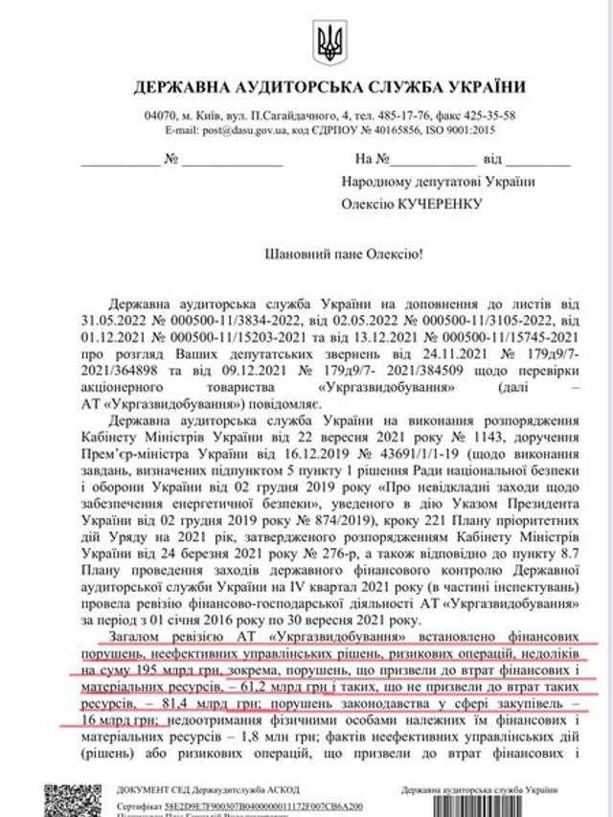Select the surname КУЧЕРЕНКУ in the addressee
(x=436, y=203)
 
